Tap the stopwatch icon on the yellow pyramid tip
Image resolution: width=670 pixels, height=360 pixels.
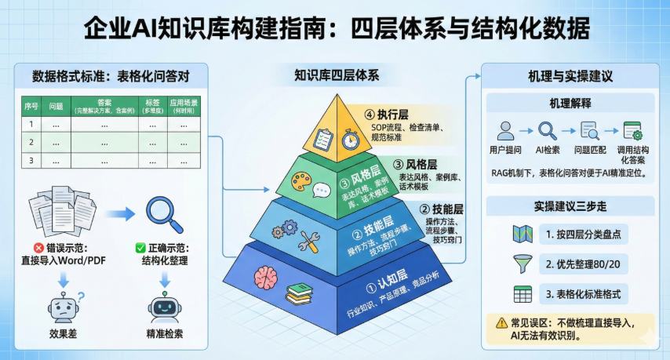348,137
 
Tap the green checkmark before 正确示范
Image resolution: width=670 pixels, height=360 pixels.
140,248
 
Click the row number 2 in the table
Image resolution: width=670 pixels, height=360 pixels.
31,143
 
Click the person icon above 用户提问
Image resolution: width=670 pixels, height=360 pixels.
506,130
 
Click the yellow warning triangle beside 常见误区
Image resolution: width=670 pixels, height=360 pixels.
501,322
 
